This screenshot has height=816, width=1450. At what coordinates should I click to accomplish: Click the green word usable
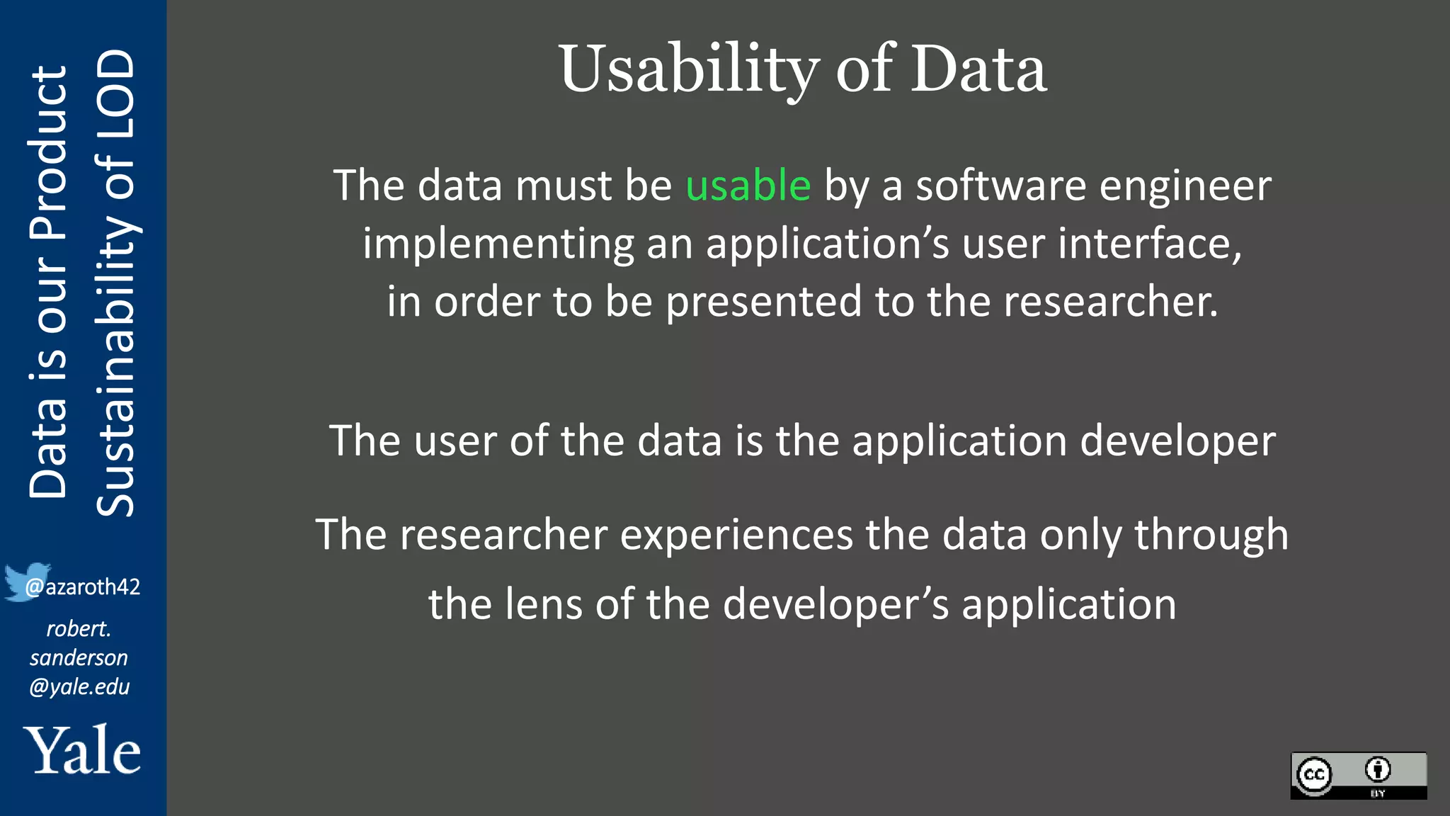pyautogui.click(x=748, y=186)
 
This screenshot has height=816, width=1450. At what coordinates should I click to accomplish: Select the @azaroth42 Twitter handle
pyautogui.click(x=83, y=586)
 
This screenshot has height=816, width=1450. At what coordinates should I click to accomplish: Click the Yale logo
pyautogui.click(x=82, y=750)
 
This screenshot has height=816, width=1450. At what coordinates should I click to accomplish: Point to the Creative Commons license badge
pyautogui.click(x=1358, y=776)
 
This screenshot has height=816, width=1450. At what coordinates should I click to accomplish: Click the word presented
pyautogui.click(x=763, y=302)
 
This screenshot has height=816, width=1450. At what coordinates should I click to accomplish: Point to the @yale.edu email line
pyautogui.click(x=79, y=686)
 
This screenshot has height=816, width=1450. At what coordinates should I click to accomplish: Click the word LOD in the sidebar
pyautogui.click(x=115, y=84)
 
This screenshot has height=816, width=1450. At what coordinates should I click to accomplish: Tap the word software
pyautogui.click(x=1000, y=186)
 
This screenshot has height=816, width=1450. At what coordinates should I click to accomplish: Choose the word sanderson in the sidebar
pyautogui.click(x=79, y=657)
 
